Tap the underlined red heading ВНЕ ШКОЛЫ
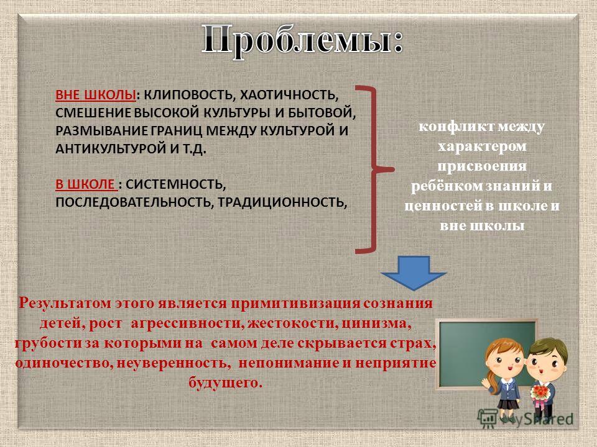96,95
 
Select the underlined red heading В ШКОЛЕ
85,184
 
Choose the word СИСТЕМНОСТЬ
175,185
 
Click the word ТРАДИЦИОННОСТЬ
282,202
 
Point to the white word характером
482,147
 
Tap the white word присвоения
482,166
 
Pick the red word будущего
225,382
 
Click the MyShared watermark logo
525,419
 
